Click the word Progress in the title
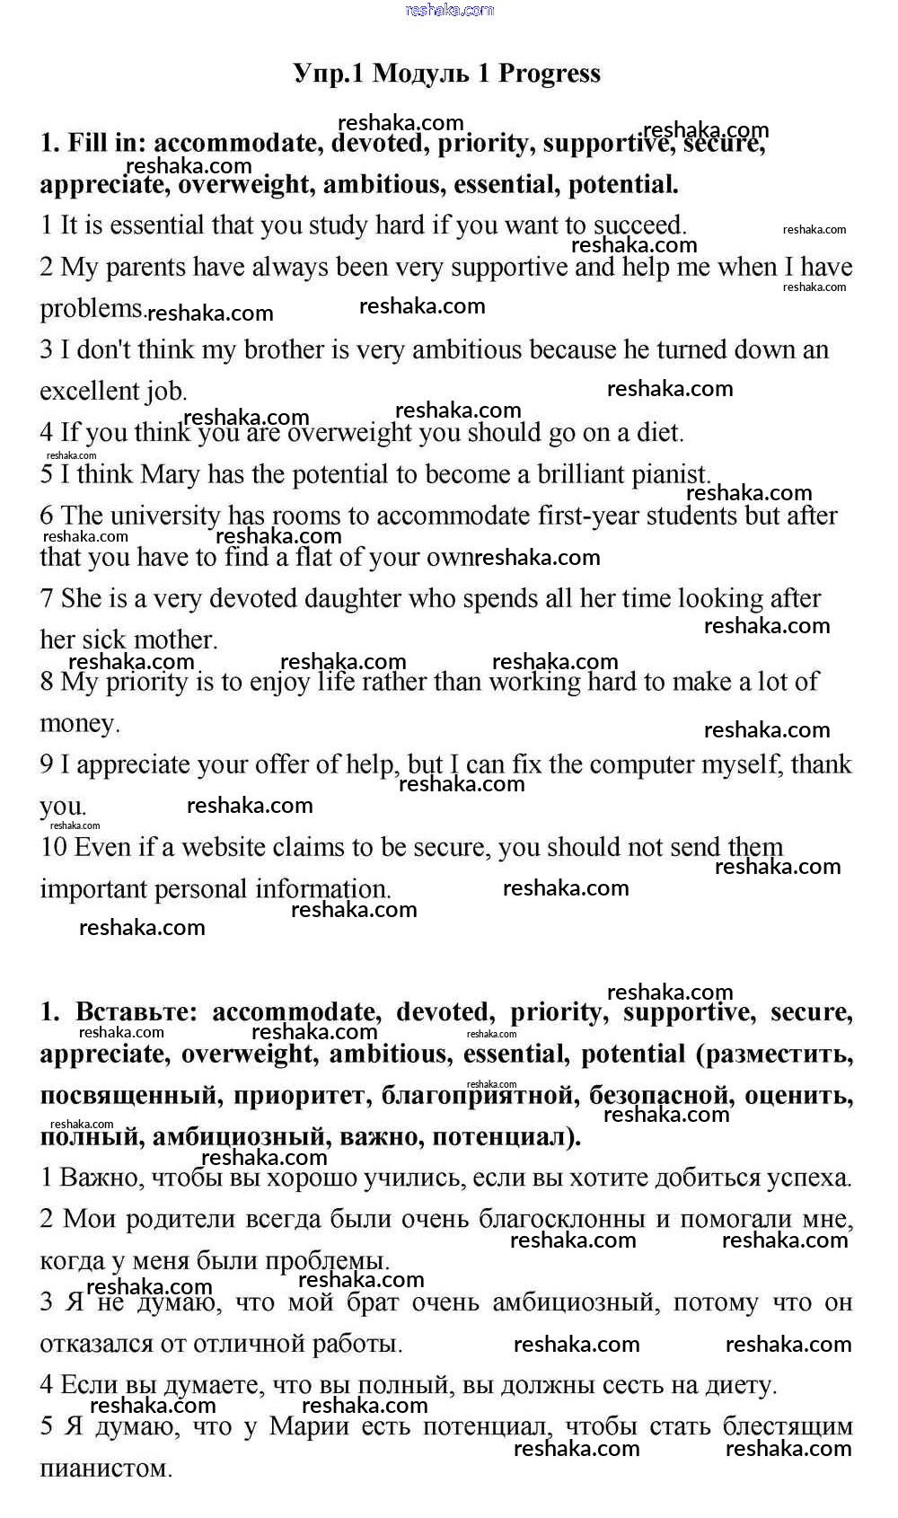pos(549,74)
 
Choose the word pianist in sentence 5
pos(663,474)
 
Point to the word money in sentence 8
pos(79,723)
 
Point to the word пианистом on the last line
pos(105,1469)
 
